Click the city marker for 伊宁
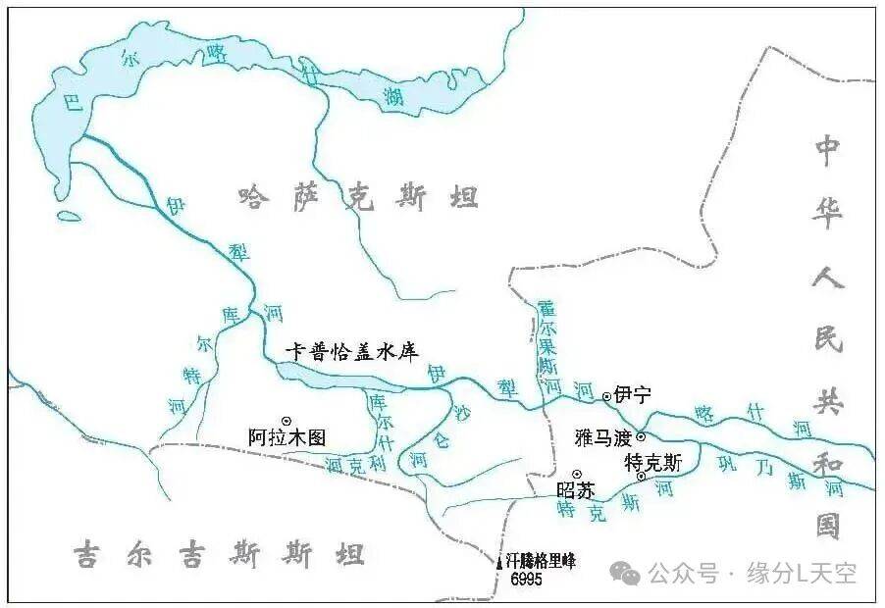tap(606, 396)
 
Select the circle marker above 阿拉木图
tap(286, 420)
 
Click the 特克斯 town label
tap(652, 461)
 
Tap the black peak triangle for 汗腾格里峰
tap(499, 562)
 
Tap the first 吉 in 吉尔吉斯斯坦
tap(85, 557)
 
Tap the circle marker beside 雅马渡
tap(641, 437)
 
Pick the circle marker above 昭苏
tap(576, 475)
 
